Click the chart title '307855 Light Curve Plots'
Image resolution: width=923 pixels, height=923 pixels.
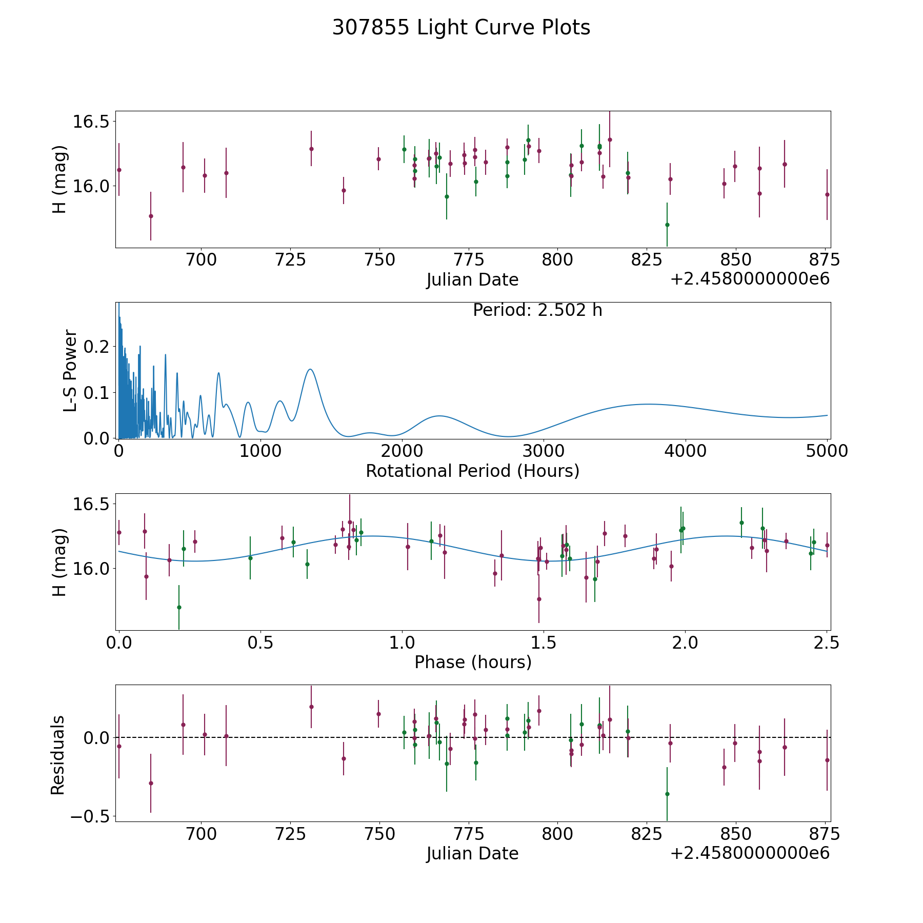coord(461,28)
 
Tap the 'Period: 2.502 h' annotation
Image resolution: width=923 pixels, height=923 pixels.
coord(537,310)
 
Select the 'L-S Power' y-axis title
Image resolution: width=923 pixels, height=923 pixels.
coord(71,371)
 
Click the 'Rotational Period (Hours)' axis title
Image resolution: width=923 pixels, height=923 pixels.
coord(472,471)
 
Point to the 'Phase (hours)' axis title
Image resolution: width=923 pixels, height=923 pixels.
coord(473,662)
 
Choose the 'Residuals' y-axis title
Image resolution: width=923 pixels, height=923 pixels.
coord(58,755)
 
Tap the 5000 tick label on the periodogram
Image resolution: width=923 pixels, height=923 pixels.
coord(826,451)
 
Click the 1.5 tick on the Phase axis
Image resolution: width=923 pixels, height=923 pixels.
coord(544,643)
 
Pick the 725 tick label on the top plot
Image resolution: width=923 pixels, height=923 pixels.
coord(290,260)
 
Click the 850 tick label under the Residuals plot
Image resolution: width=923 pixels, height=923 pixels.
coord(735,834)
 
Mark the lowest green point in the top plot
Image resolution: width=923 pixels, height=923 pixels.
coord(667,225)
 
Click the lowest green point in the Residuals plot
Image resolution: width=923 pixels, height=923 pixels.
coord(667,794)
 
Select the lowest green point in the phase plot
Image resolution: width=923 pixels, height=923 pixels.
coord(179,607)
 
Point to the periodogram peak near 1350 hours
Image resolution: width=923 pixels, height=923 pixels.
coord(310,369)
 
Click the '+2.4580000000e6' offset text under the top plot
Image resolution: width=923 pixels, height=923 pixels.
coord(750,279)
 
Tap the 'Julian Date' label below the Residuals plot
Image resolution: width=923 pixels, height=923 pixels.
coord(472,854)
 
